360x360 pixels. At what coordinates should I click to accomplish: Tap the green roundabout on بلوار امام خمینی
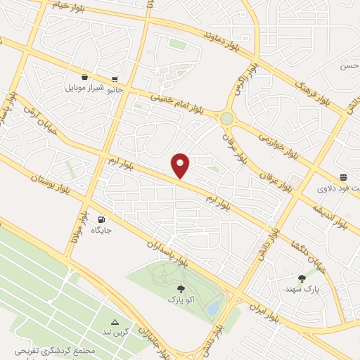pyautogui.click(x=226, y=119)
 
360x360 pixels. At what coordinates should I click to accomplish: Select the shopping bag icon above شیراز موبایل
pyautogui.click(x=85, y=77)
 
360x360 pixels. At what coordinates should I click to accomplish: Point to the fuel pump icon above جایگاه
pyautogui.click(x=102, y=219)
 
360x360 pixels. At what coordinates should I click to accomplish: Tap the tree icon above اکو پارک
pyautogui.click(x=181, y=288)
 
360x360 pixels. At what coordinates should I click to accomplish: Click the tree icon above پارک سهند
pyautogui.click(x=303, y=278)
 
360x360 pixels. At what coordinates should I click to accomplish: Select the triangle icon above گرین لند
pyautogui.click(x=115, y=321)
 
